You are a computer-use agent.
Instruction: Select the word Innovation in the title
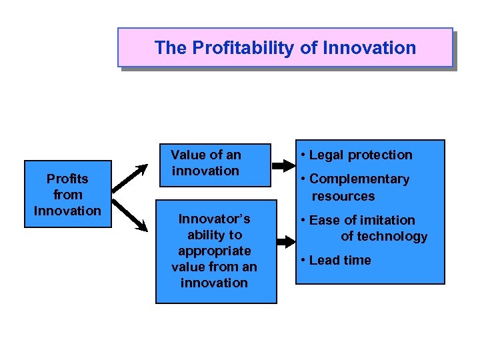point(371,48)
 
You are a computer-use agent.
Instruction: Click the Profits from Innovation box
point(67,194)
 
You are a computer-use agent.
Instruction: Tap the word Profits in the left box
point(67,179)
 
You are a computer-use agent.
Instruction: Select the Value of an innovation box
point(213,163)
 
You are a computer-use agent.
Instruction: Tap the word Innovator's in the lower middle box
point(214,219)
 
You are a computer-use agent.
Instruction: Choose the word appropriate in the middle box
point(214,251)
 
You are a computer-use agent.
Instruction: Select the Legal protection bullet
point(357,155)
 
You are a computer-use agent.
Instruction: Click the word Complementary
point(359,179)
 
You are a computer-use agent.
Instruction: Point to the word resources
point(343,197)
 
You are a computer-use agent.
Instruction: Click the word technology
point(394,237)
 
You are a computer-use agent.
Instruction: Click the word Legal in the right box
point(325,155)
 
